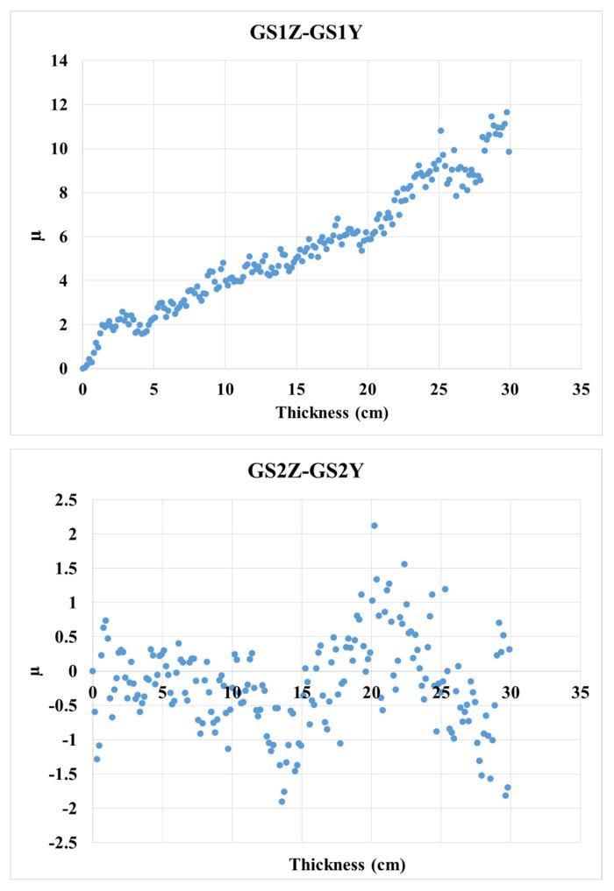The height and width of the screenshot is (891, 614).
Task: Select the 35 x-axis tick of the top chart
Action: coord(580,385)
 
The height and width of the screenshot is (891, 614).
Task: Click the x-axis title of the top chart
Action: coord(331,409)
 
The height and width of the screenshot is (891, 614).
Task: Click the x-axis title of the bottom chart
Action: coord(347,865)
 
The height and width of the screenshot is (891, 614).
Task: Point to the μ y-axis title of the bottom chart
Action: coord(36,670)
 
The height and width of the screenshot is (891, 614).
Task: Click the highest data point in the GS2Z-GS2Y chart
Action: coord(375,526)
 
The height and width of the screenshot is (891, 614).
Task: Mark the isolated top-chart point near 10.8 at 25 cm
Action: coord(440,131)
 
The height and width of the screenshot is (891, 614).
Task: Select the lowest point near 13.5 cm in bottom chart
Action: coord(282,801)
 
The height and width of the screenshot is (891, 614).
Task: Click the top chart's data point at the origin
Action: coord(82,368)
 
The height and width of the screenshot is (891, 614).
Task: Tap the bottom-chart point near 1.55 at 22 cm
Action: coord(404,564)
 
